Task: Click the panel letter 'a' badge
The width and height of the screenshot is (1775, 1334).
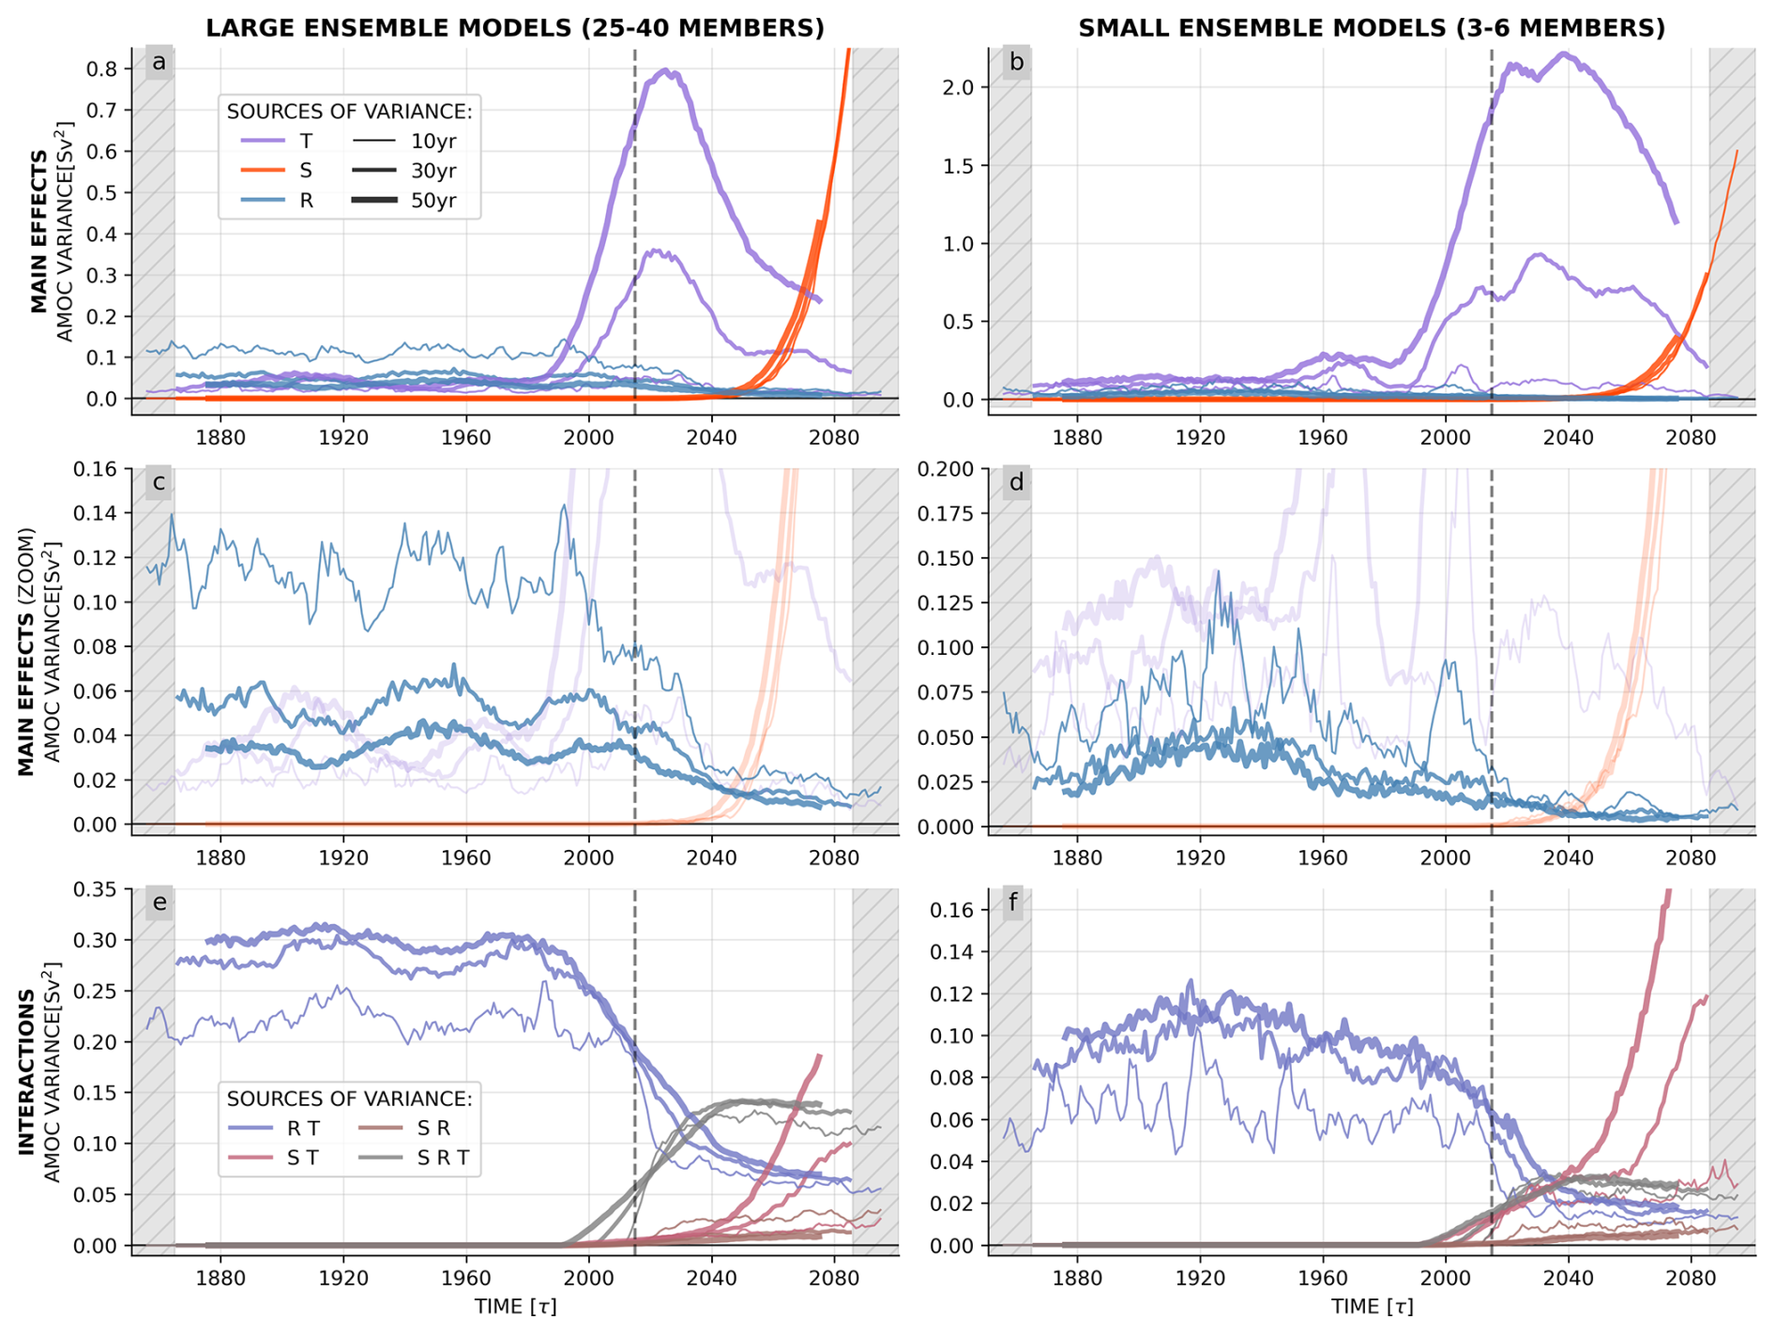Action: coord(159,63)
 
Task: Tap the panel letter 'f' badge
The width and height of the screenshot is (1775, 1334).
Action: coord(1016,904)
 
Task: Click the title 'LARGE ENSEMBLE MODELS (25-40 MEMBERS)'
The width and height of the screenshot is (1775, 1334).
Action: coord(515,28)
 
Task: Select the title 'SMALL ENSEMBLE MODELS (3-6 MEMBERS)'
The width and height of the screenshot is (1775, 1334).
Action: coord(1372,28)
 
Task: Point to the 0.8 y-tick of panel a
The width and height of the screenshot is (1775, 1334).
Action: coord(103,69)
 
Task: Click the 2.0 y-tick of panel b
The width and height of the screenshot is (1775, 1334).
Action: coord(961,87)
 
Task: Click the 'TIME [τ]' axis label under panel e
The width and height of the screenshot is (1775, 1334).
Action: coord(515,1307)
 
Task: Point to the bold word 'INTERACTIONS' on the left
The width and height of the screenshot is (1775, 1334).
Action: coord(26,1070)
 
